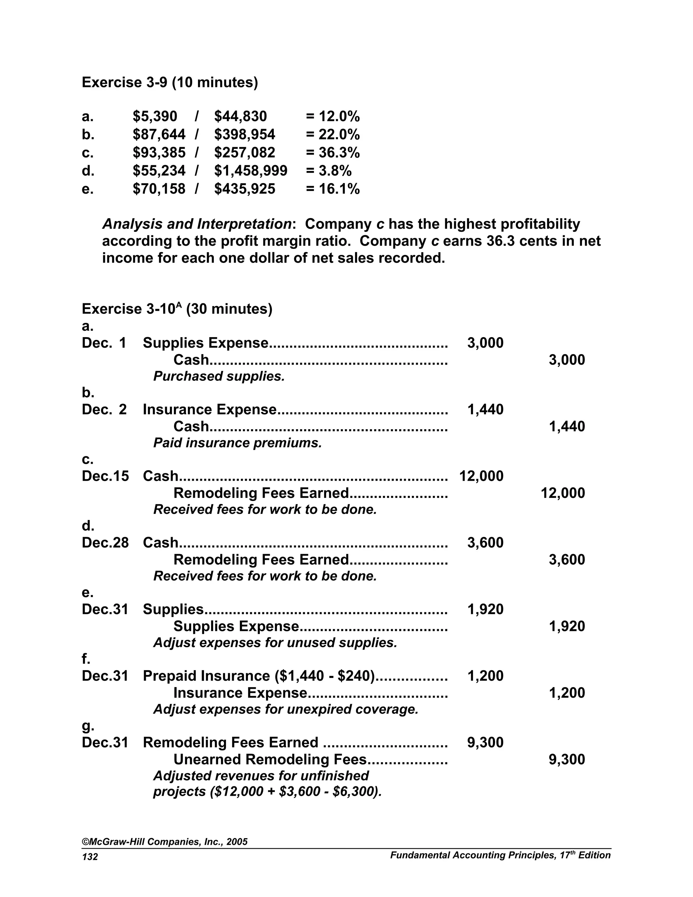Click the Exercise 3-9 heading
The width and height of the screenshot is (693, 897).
click(x=170, y=83)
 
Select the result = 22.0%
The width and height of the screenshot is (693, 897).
click(x=333, y=135)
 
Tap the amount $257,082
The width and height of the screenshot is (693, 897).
click(x=244, y=153)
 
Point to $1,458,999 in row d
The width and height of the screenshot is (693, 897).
click(x=250, y=171)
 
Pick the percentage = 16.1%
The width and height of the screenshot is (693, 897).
click(x=333, y=189)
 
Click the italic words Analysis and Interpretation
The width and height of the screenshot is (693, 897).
click(x=197, y=224)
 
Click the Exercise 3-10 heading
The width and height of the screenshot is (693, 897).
click(x=177, y=309)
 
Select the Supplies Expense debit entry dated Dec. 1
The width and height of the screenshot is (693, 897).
click(x=205, y=343)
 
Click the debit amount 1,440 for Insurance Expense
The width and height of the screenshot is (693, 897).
click(x=485, y=410)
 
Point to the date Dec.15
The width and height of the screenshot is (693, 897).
click(x=105, y=476)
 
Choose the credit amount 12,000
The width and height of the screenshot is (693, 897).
click(x=562, y=493)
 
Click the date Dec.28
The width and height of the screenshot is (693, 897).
click(x=105, y=543)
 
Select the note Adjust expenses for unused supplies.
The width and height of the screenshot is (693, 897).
click(x=275, y=643)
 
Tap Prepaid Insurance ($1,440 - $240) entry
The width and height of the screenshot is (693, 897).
click(x=259, y=676)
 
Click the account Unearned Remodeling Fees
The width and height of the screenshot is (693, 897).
click(x=269, y=760)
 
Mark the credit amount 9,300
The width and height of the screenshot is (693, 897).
click(x=566, y=760)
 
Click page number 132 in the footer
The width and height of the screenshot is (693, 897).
click(x=90, y=857)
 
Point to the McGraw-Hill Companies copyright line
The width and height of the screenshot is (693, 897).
click(x=165, y=841)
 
